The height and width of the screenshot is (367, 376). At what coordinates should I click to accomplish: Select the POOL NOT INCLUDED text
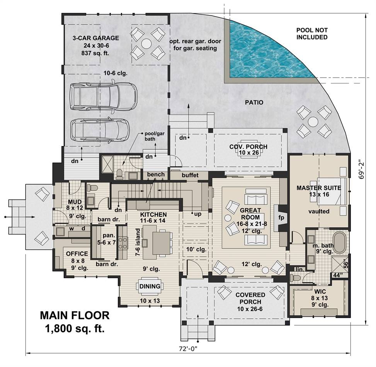click(x=312, y=34)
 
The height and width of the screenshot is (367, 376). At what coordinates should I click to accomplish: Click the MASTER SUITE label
click(x=319, y=188)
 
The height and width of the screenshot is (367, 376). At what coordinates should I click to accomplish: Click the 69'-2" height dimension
click(x=361, y=170)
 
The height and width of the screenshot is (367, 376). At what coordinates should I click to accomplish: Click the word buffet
click(x=190, y=175)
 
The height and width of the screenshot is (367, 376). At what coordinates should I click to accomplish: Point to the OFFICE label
click(x=77, y=254)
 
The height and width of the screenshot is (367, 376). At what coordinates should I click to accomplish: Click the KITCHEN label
click(x=153, y=214)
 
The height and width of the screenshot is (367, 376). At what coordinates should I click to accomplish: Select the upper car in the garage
click(x=103, y=96)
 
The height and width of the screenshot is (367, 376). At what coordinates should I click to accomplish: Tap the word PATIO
click(x=254, y=103)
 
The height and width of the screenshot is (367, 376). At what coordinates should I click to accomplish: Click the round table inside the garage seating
click(x=146, y=44)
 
